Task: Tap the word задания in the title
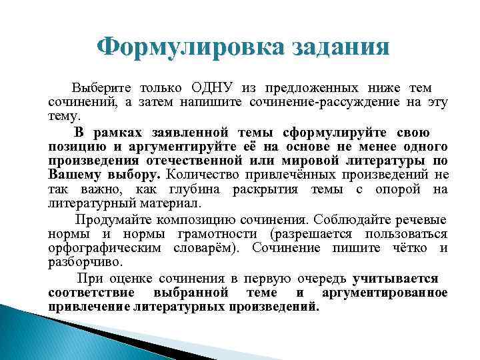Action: [336, 47]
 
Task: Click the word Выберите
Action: [102, 88]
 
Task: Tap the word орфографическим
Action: [104, 248]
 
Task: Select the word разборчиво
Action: [80, 263]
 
